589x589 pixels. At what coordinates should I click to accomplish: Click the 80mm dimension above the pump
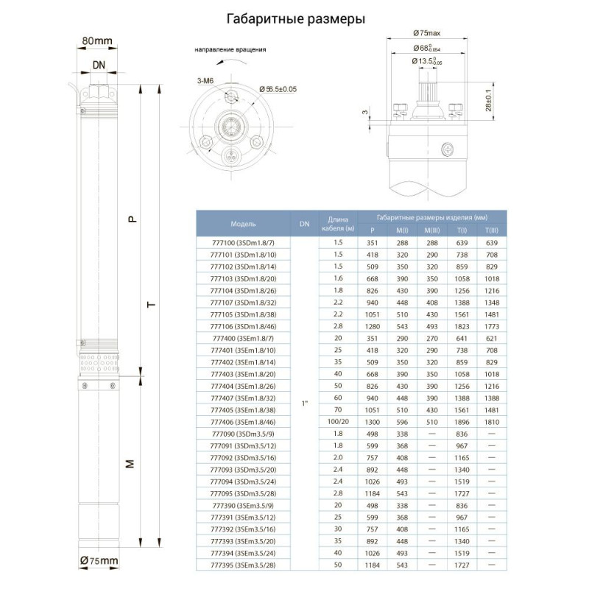point(98,39)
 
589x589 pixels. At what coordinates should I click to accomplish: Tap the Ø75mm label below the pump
point(99,562)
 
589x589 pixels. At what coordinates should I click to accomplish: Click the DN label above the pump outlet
point(99,65)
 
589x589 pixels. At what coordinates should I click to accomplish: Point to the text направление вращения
point(230,50)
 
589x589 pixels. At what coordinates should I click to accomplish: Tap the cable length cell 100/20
point(338,422)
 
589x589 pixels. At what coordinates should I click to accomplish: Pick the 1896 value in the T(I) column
point(462,422)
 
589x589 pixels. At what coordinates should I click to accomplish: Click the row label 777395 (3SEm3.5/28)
point(243,565)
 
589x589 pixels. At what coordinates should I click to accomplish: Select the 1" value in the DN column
point(304,404)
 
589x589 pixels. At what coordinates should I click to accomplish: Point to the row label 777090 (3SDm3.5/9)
point(243,434)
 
